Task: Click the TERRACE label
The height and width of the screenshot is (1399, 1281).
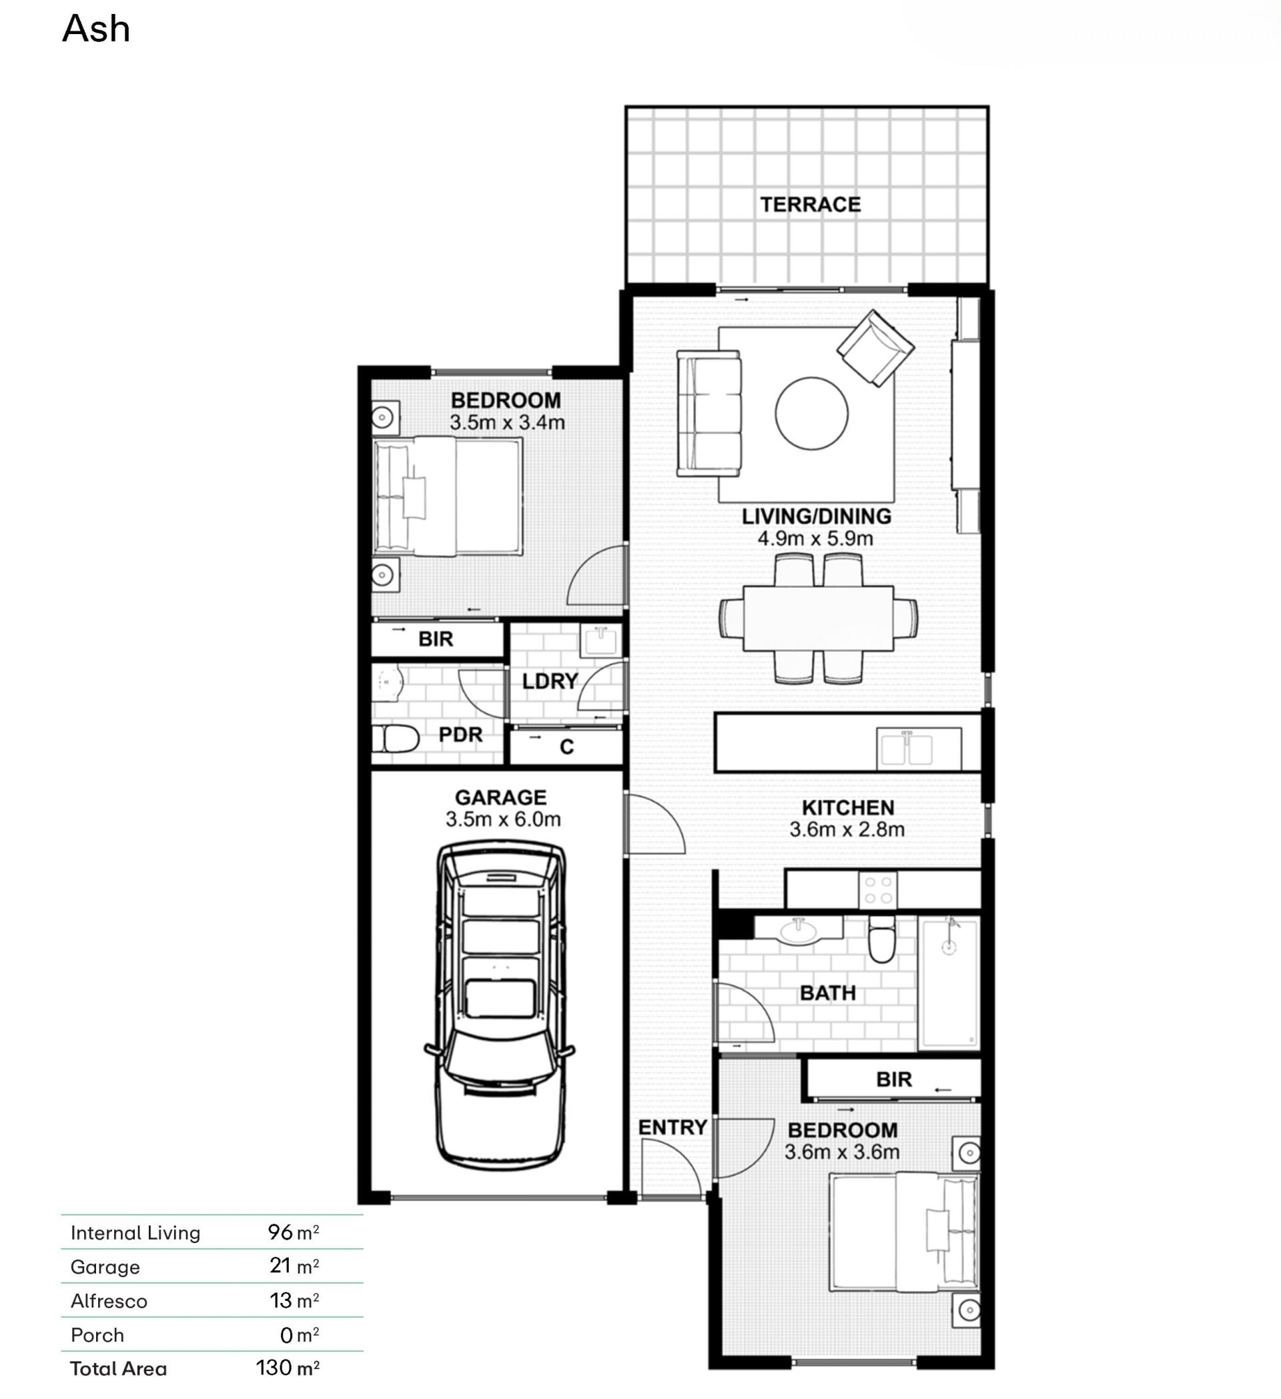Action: pyautogui.click(x=810, y=205)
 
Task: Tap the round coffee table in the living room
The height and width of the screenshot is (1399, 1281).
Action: pyautogui.click(x=811, y=413)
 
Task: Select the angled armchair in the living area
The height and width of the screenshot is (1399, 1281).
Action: pyautogui.click(x=875, y=348)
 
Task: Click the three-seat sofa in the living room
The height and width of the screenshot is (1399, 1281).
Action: pyautogui.click(x=709, y=413)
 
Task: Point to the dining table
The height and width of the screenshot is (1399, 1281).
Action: pyautogui.click(x=818, y=618)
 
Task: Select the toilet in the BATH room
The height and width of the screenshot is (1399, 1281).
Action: pyautogui.click(x=881, y=938)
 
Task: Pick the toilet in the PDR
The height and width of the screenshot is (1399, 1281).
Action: pyautogui.click(x=395, y=739)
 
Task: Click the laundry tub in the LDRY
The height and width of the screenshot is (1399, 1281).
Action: pyautogui.click(x=600, y=640)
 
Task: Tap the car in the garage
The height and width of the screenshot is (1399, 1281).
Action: pyautogui.click(x=500, y=1003)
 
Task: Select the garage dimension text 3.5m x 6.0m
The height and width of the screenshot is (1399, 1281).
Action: pyautogui.click(x=503, y=819)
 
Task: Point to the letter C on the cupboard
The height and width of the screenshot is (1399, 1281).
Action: pyautogui.click(x=566, y=747)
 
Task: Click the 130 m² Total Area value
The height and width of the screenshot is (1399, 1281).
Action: pyautogui.click(x=288, y=1368)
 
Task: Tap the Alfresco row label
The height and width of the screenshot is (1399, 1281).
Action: pyautogui.click(x=109, y=1301)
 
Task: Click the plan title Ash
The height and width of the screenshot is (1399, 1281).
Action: pyautogui.click(x=96, y=29)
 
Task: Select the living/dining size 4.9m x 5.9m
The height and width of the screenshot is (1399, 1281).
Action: pyautogui.click(x=815, y=538)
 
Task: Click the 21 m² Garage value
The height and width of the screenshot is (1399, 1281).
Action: pyautogui.click(x=294, y=1266)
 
